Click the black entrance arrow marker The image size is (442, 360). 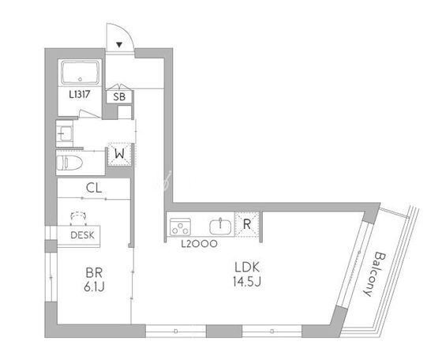(x=119, y=44)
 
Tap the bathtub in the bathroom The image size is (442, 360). (x=81, y=72)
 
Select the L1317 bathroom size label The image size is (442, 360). (x=80, y=95)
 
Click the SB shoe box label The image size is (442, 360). (x=119, y=97)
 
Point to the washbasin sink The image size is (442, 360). (x=65, y=133)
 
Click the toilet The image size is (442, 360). (x=69, y=163)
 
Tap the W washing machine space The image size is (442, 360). (x=119, y=154)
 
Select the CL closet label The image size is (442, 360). (x=94, y=188)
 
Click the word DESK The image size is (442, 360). (x=82, y=235)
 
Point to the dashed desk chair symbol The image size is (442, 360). (x=78, y=216)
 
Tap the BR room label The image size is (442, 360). (x=94, y=273)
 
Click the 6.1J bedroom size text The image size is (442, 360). (x=94, y=287)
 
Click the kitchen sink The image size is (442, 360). (x=220, y=227)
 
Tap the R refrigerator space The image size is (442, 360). (x=247, y=224)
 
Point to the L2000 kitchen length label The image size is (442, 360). (x=199, y=244)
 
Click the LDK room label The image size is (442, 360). (x=247, y=268)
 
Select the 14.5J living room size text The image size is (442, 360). (x=247, y=281)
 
